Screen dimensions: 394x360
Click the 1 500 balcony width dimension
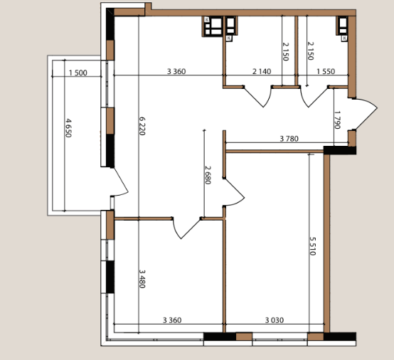pos(78,73)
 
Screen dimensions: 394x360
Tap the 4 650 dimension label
pos(68,128)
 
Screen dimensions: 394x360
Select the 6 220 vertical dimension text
pos(142,126)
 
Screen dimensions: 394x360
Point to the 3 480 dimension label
pos(142,279)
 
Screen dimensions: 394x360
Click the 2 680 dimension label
pos(208,175)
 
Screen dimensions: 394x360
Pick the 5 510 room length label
pos(313,246)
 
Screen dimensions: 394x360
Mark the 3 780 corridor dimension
pos(289,139)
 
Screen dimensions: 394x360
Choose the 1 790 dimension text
pos(338,120)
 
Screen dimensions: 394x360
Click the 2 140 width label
pos(262,72)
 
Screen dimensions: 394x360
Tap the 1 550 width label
pos(326,72)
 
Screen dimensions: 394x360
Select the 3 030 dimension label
pos(275,320)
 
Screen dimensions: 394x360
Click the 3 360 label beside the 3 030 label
pos(172,320)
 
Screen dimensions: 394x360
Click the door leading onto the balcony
pos(119,181)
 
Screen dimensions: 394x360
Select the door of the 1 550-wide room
pos(314,97)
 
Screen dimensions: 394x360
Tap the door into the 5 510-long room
pos(233,192)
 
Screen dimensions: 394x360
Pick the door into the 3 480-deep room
pos(186,228)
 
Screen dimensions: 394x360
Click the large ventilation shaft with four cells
pos(213,26)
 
